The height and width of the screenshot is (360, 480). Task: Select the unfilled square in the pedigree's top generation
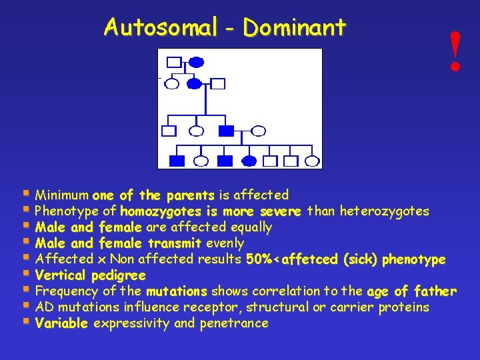coord(173,63)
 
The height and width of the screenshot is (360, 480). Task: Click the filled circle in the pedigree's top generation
coord(196,63)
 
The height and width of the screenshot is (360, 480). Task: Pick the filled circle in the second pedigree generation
coord(194,84)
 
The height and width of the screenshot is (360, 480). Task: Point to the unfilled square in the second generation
coord(218,84)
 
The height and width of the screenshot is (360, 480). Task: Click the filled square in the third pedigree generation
coord(227,131)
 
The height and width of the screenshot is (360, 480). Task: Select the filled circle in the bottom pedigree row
coord(249,161)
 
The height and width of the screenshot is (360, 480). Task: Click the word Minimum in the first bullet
coord(62,195)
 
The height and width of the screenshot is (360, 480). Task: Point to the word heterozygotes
coord(385,211)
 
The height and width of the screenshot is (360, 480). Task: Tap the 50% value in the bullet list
coord(259,259)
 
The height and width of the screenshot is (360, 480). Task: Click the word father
coord(435,291)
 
